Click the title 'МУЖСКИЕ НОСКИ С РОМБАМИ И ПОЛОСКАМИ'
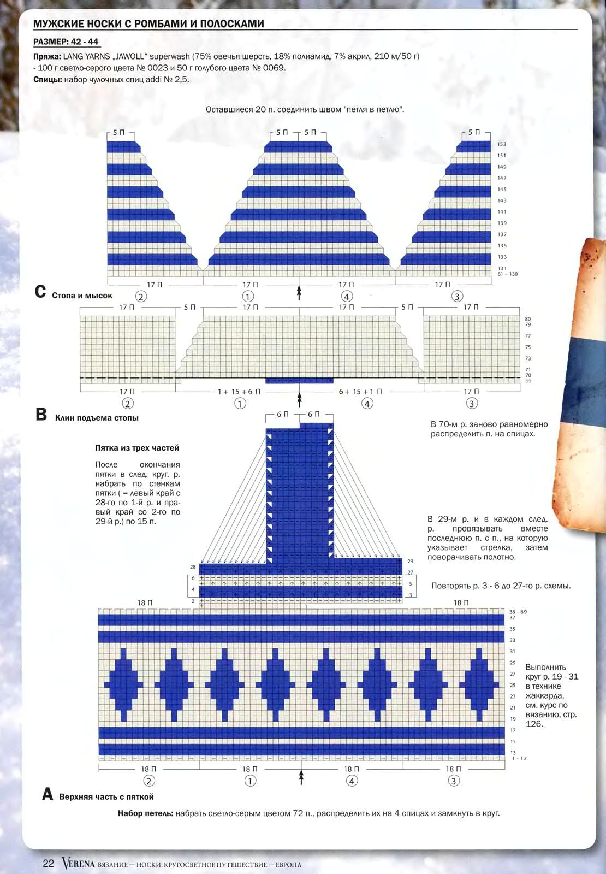coord(148,24)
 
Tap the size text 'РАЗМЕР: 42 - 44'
coord(66,42)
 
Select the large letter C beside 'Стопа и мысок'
coord(40,292)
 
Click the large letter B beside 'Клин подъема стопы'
coord(41,415)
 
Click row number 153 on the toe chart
coord(502,144)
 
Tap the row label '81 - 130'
coord(507,274)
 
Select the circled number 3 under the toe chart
coord(456,296)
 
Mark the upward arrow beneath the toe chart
coord(299,293)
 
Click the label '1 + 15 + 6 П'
coord(239,391)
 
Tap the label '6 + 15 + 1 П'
coord(360,391)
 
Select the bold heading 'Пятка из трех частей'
coord(137,448)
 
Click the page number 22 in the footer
coord(49,863)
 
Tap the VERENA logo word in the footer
coord(79,863)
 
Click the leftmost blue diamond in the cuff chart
coord(123,685)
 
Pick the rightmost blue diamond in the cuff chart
coord(479,685)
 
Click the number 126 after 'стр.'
coord(534,724)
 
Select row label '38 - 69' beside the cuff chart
coord(518,612)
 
